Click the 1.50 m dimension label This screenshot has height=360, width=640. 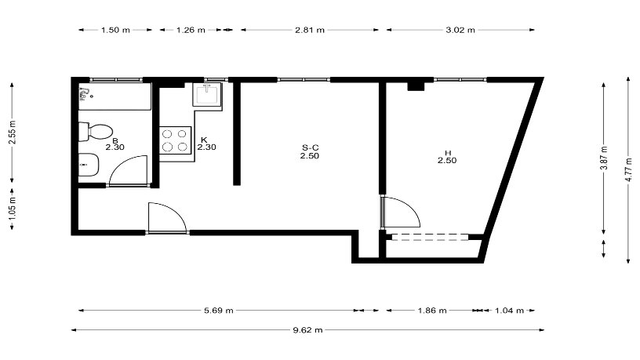115,30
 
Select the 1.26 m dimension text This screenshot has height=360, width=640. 191,30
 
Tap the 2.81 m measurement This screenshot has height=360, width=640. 310,30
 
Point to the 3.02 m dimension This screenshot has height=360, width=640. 460,30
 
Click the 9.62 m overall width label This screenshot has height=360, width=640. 307,329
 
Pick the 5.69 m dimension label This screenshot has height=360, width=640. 219,311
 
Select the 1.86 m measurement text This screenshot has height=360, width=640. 432,311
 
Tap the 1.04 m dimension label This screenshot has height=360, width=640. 509,311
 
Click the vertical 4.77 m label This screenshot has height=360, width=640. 629,169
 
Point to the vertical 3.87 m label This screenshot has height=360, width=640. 605,158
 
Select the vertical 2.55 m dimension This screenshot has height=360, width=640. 13,132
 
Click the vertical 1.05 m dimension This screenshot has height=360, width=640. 13,209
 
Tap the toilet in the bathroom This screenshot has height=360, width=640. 96,132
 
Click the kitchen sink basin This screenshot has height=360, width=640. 208,94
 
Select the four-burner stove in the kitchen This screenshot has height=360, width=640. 175,140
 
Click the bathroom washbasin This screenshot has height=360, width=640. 89,165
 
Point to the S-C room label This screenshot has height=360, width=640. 310,147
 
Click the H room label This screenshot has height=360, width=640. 447,153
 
